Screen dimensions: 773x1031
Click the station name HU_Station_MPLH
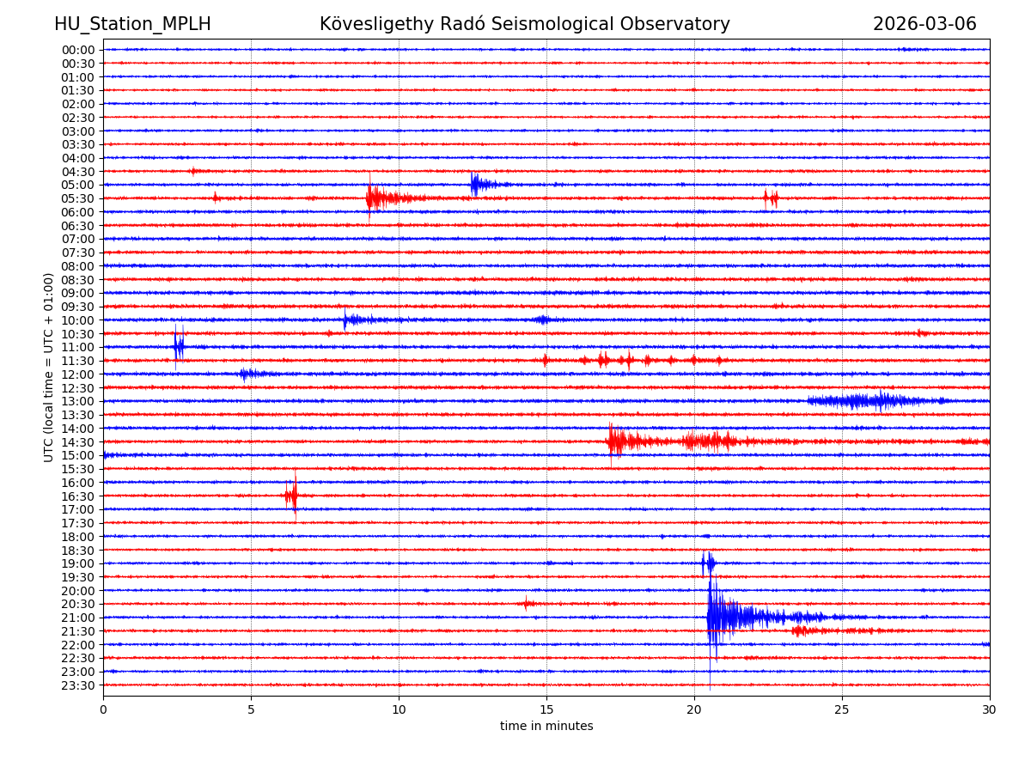pyautogui.click(x=132, y=24)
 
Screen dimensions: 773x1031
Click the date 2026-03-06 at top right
pyautogui.click(x=924, y=24)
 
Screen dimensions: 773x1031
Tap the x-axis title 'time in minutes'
pyautogui.click(x=546, y=726)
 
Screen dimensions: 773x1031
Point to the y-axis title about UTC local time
pyautogui.click(x=49, y=367)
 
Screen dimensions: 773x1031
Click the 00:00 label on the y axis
pyautogui.click(x=77, y=50)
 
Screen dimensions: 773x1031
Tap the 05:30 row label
pyautogui.click(x=77, y=198)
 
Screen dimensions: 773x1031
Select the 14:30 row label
pyautogui.click(x=77, y=441)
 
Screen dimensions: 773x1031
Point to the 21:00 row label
pyautogui.click(x=77, y=618)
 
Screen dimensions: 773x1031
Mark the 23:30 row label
pyautogui.click(x=77, y=685)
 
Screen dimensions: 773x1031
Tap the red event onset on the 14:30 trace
pyautogui.click(x=611, y=441)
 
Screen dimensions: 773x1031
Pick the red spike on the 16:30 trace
pyautogui.click(x=294, y=496)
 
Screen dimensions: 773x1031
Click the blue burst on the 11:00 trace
pyautogui.click(x=178, y=347)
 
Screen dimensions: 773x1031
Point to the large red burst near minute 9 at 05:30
pyautogui.click(x=372, y=198)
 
